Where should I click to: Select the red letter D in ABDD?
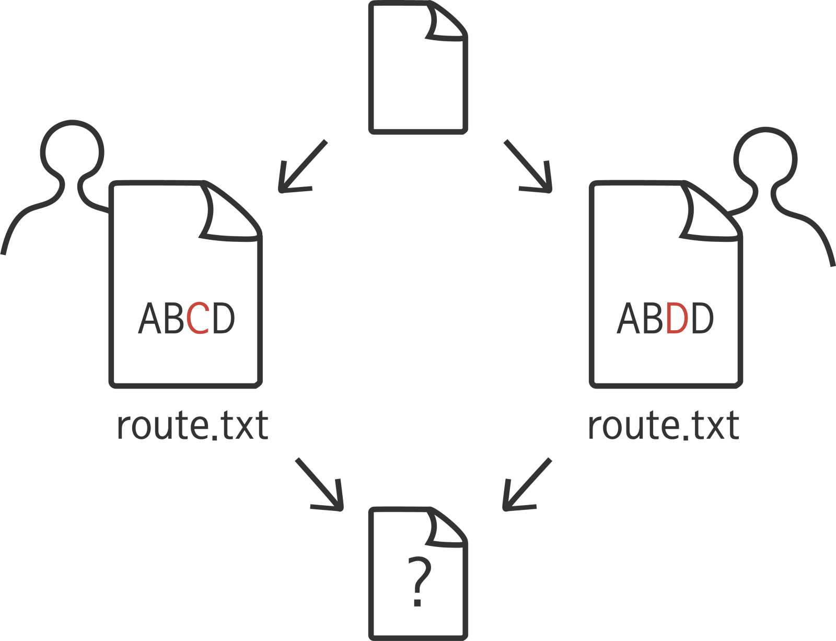[677, 318]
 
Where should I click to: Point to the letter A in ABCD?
[149, 318]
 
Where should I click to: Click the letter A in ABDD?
[629, 318]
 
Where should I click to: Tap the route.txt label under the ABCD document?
[192, 426]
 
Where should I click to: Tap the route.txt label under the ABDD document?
[664, 426]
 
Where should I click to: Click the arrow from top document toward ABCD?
[301, 167]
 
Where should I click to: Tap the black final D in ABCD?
[224, 318]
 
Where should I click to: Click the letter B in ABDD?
[653, 318]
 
